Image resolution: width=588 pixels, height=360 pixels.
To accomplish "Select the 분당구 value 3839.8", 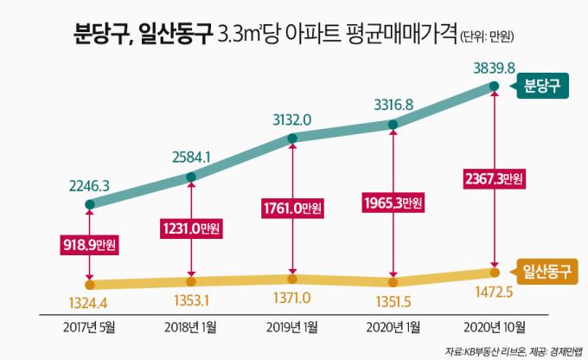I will coord(494,67).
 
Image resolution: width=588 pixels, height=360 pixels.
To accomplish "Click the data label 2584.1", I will coord(190,158).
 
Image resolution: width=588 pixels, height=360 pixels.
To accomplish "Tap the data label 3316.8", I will coord(393,106).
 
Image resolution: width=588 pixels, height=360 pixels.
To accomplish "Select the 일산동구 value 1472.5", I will coord(494,292).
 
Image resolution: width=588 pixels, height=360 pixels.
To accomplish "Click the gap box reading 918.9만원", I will coord(89,245).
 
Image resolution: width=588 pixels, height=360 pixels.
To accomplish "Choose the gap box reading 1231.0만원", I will coord(190,228).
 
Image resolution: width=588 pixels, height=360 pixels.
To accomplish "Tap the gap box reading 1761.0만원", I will coord(291,208).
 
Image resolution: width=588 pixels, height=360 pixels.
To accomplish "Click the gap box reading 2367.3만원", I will coord(494,178).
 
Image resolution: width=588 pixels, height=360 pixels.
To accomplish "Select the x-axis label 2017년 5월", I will coord(89,327).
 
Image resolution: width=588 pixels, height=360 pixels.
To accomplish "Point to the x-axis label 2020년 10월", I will coord(494,327).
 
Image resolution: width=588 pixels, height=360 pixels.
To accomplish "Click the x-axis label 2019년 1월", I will coord(291,327).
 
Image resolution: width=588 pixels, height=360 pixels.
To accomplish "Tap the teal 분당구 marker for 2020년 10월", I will coord(494,86).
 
